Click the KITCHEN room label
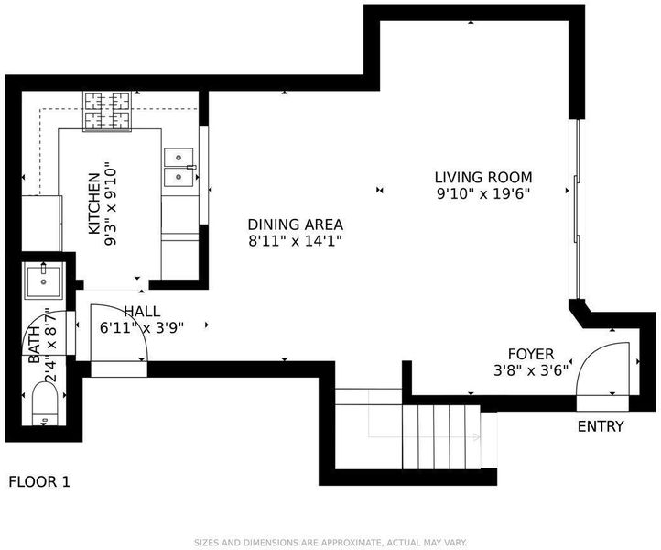tap(93, 203)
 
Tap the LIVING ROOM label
tap(483, 177)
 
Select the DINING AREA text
tap(295, 225)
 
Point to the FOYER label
tap(531, 354)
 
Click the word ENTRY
tap(601, 426)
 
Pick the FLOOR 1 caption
tap(39, 481)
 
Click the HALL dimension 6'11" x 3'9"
tap(142, 327)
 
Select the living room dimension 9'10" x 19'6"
tap(483, 193)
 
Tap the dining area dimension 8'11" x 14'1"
tap(295, 241)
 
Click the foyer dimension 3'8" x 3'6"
tap(531, 370)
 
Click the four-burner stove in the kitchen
tap(107, 111)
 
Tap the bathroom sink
tap(43, 280)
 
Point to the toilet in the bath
tap(45, 403)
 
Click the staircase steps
tap(441, 436)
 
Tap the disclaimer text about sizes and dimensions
tap(330, 543)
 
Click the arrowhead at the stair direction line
tap(477, 437)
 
